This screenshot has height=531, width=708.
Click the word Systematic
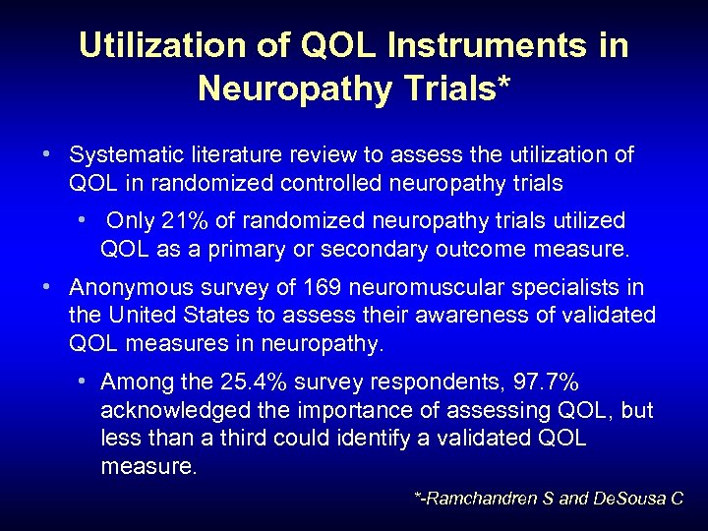click(127, 155)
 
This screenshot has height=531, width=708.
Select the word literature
click(239, 155)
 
